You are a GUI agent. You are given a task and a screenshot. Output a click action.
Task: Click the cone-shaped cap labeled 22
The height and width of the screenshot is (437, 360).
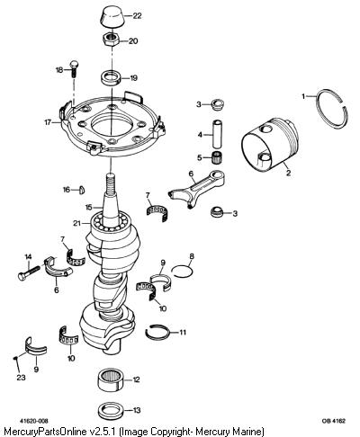click(112, 17)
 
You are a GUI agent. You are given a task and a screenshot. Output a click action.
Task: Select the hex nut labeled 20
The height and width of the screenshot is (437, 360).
click(112, 40)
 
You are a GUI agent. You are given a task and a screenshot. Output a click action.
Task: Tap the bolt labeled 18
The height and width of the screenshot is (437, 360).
click(73, 69)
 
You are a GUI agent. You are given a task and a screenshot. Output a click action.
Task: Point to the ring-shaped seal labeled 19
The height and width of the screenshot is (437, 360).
click(111, 78)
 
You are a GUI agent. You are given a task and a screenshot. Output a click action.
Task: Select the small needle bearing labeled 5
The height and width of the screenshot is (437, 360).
click(216, 157)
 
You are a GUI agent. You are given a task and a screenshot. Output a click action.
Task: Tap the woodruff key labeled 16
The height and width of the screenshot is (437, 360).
click(82, 190)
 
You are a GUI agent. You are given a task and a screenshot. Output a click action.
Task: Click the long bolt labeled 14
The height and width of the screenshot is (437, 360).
click(29, 272)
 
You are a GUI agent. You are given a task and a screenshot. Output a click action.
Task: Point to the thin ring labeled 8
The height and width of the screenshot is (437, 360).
click(182, 270)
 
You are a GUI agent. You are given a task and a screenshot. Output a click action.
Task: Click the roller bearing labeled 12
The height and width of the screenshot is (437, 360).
click(111, 380)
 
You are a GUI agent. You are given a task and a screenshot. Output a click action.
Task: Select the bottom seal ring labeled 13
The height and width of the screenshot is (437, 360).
click(111, 411)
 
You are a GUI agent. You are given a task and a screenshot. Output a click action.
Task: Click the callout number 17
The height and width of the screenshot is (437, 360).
click(48, 122)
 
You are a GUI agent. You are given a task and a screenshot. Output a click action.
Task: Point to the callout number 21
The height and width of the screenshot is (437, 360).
click(77, 223)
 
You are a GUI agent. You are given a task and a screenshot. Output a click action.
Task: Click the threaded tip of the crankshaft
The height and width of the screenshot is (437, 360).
click(111, 183)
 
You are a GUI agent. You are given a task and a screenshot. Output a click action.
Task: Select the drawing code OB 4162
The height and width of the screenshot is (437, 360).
click(334, 421)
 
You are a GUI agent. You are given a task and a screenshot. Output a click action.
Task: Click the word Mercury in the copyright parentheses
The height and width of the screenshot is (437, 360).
click(213, 432)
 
